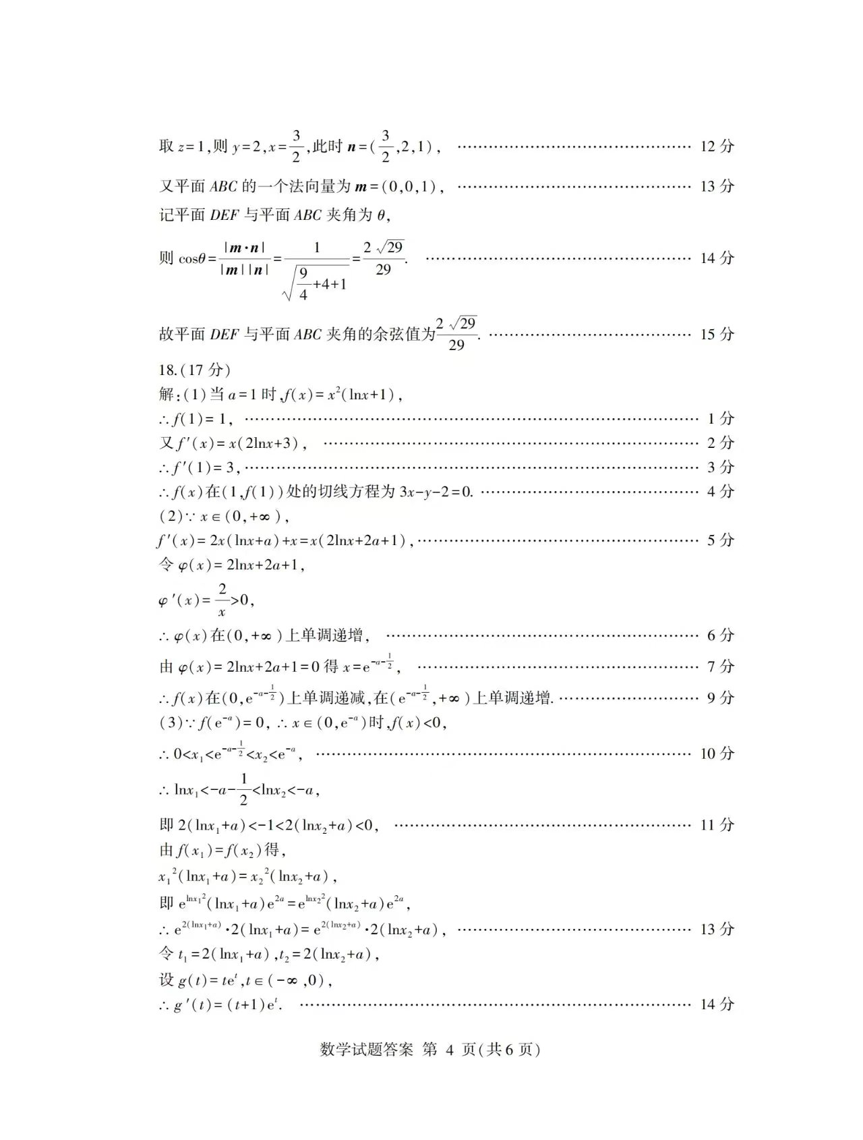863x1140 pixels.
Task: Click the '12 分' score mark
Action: [x=717, y=146]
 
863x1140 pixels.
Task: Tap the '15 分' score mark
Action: [x=717, y=334]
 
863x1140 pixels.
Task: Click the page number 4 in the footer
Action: [x=450, y=1050]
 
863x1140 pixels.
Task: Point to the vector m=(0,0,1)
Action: [x=398, y=186]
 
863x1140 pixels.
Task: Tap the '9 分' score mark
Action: [x=720, y=697]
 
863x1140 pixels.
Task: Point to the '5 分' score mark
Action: [x=720, y=540]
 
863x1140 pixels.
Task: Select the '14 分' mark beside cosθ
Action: [x=717, y=258]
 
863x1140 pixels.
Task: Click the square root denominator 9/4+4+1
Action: [x=316, y=283]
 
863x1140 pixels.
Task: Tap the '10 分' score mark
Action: [x=717, y=753]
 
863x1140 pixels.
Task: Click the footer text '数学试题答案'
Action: [x=366, y=1050]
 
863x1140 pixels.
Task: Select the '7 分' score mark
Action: [x=720, y=666]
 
